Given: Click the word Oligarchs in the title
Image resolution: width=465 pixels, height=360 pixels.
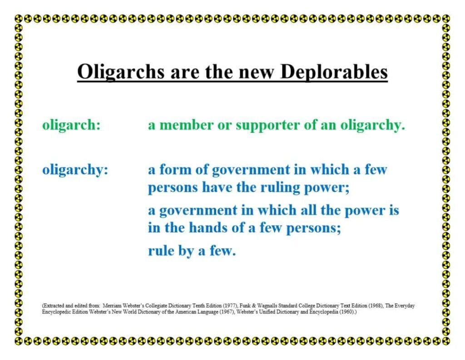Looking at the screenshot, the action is coord(121,72).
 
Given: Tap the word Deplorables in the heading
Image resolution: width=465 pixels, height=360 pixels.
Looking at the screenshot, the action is coord(334,72).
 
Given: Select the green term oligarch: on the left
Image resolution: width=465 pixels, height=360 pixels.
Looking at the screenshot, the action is coord(71,125).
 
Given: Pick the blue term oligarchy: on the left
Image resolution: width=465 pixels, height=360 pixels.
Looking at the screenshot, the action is coord(75,170).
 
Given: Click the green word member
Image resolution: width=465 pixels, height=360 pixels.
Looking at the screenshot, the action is coord(186,125).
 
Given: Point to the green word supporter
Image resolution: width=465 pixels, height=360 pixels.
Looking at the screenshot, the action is coord(268,125).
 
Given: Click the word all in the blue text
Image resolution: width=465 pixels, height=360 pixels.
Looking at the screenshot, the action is coord(308,210).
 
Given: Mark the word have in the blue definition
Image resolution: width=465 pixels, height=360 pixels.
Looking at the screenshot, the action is coord(218,187).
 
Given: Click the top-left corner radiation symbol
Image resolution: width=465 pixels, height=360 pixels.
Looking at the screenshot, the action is coord(19,19).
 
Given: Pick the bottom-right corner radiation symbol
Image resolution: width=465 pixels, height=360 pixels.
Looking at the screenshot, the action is coord(446,341).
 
